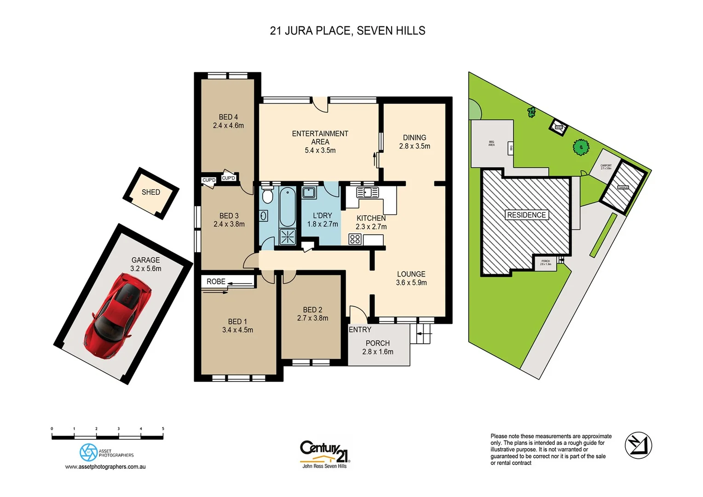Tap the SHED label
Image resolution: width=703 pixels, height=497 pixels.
click(150, 192)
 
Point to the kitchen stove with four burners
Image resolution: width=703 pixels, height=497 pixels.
click(355, 239)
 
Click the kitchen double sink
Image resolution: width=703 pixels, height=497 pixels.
click(368, 192)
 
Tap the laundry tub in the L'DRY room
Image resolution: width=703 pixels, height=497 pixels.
click(309, 192)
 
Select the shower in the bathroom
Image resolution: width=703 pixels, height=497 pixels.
click(288, 237)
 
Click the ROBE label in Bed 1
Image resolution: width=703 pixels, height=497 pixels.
click(216, 282)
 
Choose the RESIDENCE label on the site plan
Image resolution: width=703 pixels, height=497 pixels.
click(526, 215)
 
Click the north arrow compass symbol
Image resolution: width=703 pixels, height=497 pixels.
click(638, 445)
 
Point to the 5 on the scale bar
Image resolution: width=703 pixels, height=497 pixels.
click(163, 429)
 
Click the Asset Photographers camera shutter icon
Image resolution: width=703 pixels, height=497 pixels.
click(88, 452)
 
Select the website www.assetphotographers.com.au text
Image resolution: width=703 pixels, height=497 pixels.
click(105, 467)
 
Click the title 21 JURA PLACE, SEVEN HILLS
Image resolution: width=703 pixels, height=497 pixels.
click(347, 31)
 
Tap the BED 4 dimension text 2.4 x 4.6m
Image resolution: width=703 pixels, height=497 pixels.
click(228, 126)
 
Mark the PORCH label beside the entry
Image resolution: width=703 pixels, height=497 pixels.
click(377, 343)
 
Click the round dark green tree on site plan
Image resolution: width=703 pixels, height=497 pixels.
click(581, 147)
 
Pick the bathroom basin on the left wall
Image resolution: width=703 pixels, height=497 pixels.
click(264, 215)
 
